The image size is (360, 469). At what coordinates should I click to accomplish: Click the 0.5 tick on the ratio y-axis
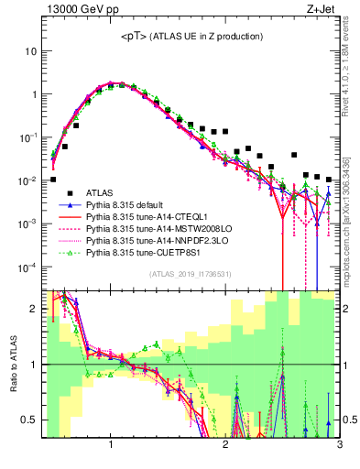tap(31, 420)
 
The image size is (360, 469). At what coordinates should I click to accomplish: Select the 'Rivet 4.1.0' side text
tap(352, 69)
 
